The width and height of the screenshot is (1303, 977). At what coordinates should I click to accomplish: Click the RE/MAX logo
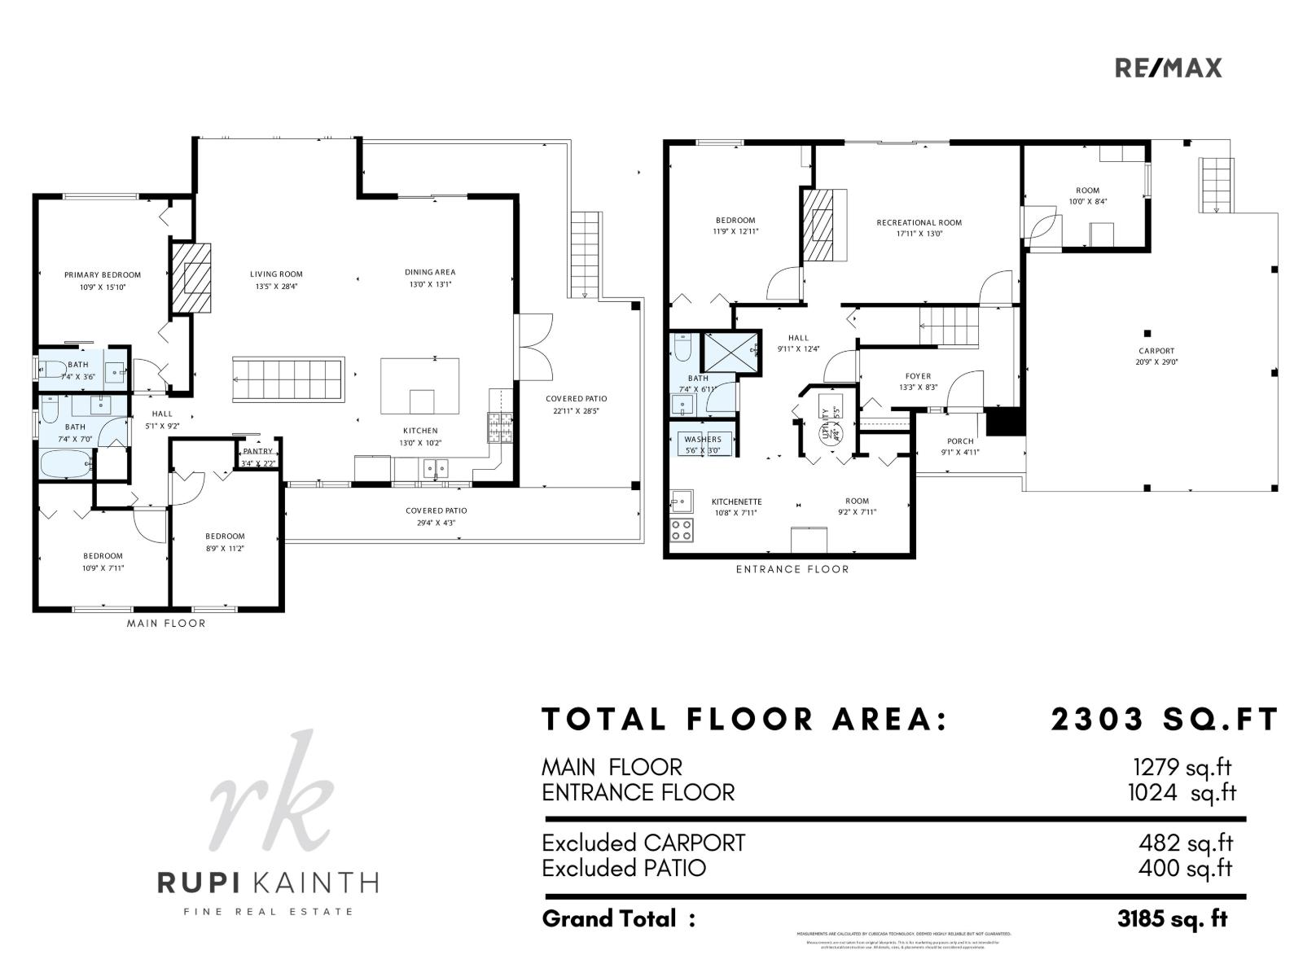[1168, 68]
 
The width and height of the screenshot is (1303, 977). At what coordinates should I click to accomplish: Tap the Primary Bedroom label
[103, 275]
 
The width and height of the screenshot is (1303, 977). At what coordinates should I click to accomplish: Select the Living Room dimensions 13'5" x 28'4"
[276, 287]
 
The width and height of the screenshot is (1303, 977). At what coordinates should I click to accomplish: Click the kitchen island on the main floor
[419, 386]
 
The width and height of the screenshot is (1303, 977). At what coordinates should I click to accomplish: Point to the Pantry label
[258, 451]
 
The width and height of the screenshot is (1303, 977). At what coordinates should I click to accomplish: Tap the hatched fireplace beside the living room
[191, 278]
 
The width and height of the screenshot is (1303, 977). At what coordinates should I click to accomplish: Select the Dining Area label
[430, 272]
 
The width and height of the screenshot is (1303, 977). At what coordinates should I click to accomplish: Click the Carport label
[1156, 351]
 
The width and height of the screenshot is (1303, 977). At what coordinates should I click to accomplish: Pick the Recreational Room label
[919, 222]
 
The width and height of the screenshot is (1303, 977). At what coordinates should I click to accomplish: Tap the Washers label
[703, 440]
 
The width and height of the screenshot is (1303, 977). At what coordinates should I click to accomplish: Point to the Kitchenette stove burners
[681, 530]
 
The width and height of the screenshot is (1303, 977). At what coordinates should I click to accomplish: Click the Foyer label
[918, 376]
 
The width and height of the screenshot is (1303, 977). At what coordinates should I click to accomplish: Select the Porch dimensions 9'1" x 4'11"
[960, 453]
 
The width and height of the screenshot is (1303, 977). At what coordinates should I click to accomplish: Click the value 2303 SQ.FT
[1165, 720]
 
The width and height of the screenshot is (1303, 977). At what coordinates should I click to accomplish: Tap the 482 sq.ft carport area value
[1185, 843]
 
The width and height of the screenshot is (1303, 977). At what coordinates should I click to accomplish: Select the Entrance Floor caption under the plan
[792, 569]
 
